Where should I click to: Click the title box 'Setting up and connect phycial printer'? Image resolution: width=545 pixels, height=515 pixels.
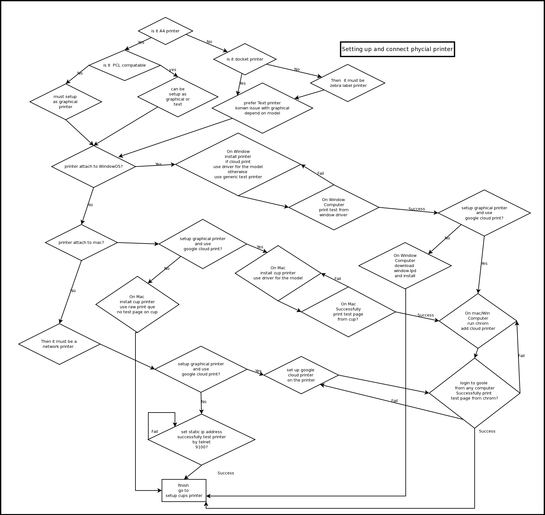(x=397, y=49)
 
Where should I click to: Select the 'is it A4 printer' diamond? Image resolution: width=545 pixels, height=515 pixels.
(x=165, y=31)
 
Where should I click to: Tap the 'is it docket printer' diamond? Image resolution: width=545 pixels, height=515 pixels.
(x=245, y=59)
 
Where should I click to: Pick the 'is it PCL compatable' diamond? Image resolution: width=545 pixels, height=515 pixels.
(x=125, y=65)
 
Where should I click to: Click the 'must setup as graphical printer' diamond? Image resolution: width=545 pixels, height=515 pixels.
(x=66, y=102)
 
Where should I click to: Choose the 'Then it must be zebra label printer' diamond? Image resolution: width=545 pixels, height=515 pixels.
(x=348, y=83)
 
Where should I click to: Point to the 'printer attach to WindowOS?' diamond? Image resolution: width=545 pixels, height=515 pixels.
(x=94, y=166)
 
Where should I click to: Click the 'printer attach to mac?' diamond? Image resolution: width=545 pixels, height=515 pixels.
(x=81, y=243)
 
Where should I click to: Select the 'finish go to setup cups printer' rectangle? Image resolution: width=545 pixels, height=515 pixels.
(x=184, y=490)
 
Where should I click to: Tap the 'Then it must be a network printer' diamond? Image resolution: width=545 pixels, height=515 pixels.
(x=59, y=344)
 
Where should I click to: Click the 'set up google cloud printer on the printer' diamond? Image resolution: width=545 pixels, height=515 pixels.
(x=301, y=375)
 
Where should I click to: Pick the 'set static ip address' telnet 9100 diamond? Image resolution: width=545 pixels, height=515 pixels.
(x=201, y=440)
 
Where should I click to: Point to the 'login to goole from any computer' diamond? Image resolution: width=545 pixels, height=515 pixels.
(x=475, y=393)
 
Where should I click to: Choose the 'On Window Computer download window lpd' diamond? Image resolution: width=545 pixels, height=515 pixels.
(x=405, y=266)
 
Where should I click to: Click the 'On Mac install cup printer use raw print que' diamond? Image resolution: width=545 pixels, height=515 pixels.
(x=137, y=304)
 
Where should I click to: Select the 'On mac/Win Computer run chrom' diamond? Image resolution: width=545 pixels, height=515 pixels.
(x=478, y=321)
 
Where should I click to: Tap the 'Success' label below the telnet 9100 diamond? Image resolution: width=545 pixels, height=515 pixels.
(x=226, y=473)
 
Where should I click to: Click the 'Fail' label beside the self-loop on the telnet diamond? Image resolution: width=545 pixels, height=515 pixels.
(x=154, y=432)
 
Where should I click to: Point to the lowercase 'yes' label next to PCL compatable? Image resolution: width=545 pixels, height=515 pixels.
(x=173, y=70)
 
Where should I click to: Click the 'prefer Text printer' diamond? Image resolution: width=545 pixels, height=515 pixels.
(x=262, y=108)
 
